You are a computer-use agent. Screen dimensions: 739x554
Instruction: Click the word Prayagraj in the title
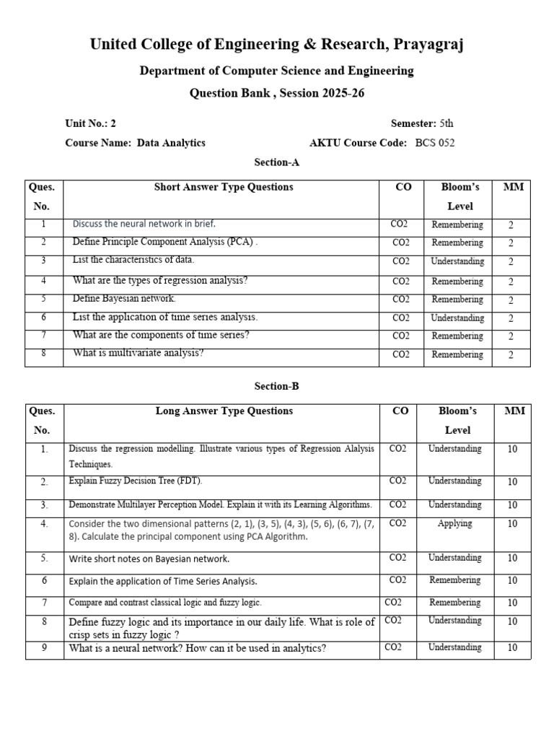coord(428,45)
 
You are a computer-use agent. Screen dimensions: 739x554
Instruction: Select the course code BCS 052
coord(435,143)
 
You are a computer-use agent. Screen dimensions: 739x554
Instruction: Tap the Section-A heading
coord(276,162)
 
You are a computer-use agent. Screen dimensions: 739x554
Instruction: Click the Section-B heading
coord(276,386)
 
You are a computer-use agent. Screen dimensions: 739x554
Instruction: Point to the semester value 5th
coord(447,123)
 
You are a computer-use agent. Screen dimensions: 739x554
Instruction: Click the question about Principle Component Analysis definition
coord(165,242)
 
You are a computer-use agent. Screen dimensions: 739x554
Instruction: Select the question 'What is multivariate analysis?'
coord(138,354)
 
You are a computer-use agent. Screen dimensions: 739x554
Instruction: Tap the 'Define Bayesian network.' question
coord(124,299)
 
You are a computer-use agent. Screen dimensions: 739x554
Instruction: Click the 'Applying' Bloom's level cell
coord(454,524)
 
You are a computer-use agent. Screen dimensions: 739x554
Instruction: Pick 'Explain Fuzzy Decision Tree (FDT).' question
coord(136,481)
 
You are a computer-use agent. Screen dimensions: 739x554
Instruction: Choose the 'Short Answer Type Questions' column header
coord(224,188)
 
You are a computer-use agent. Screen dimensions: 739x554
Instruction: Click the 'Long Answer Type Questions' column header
coord(224,411)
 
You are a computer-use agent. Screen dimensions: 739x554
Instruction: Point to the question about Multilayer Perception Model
coord(220,504)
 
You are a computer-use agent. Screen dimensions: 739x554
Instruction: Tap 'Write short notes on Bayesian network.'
coord(149,559)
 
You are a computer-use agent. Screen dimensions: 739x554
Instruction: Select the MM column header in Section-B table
coord(514,411)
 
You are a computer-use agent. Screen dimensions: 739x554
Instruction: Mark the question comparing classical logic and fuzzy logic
coord(165,603)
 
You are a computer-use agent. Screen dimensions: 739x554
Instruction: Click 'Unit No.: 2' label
coord(90,123)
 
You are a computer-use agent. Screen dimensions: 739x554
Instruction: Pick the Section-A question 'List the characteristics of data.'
coord(133,261)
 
